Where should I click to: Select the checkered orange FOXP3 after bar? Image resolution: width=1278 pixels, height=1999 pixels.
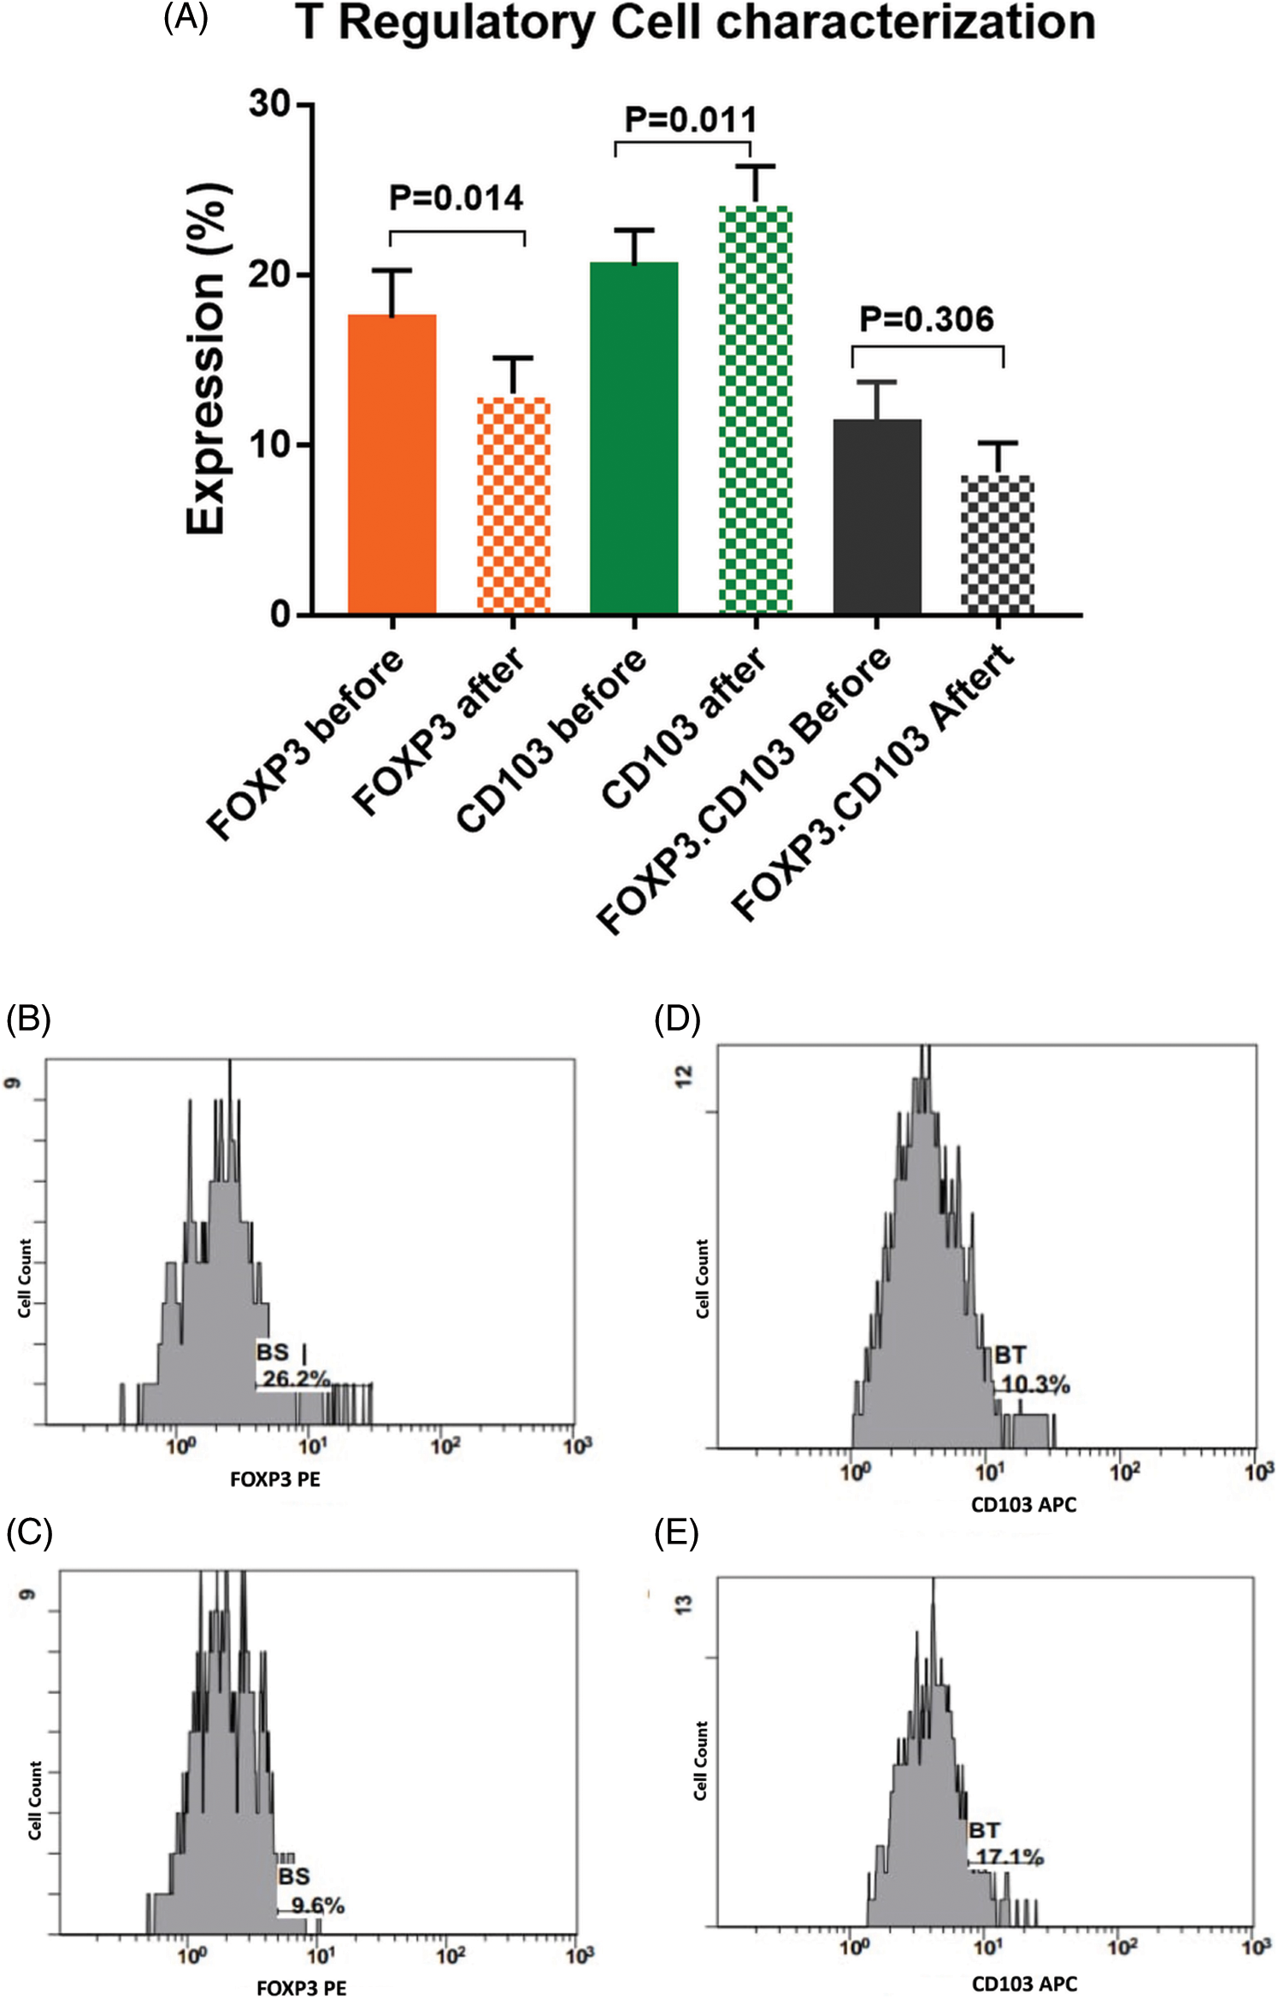(x=513, y=505)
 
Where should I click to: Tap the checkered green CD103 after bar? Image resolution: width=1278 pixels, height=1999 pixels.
(x=756, y=409)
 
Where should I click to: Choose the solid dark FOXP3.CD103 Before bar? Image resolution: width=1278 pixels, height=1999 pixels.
(x=877, y=516)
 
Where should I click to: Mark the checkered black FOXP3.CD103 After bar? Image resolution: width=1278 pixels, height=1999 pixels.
(x=998, y=544)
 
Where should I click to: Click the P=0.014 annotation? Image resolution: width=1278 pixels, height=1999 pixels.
(x=456, y=198)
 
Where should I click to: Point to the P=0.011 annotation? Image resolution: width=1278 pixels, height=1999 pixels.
(x=690, y=120)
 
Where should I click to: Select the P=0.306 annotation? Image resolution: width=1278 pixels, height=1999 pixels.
(x=927, y=320)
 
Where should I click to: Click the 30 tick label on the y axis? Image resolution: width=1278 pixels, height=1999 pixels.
(x=270, y=104)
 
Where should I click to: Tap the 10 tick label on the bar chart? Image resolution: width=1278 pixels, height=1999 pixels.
(x=270, y=445)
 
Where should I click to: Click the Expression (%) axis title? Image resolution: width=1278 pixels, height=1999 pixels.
(x=207, y=359)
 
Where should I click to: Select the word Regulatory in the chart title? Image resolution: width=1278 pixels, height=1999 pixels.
(x=467, y=23)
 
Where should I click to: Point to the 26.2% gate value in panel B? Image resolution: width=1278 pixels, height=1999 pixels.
(x=296, y=1379)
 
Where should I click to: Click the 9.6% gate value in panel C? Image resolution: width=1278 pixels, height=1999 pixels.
(x=317, y=1905)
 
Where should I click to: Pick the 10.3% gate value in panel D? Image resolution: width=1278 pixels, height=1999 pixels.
(x=1035, y=1385)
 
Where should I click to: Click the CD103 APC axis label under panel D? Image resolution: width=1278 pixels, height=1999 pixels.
(x=1023, y=1504)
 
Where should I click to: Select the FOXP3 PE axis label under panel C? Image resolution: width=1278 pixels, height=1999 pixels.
(x=301, y=1988)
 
